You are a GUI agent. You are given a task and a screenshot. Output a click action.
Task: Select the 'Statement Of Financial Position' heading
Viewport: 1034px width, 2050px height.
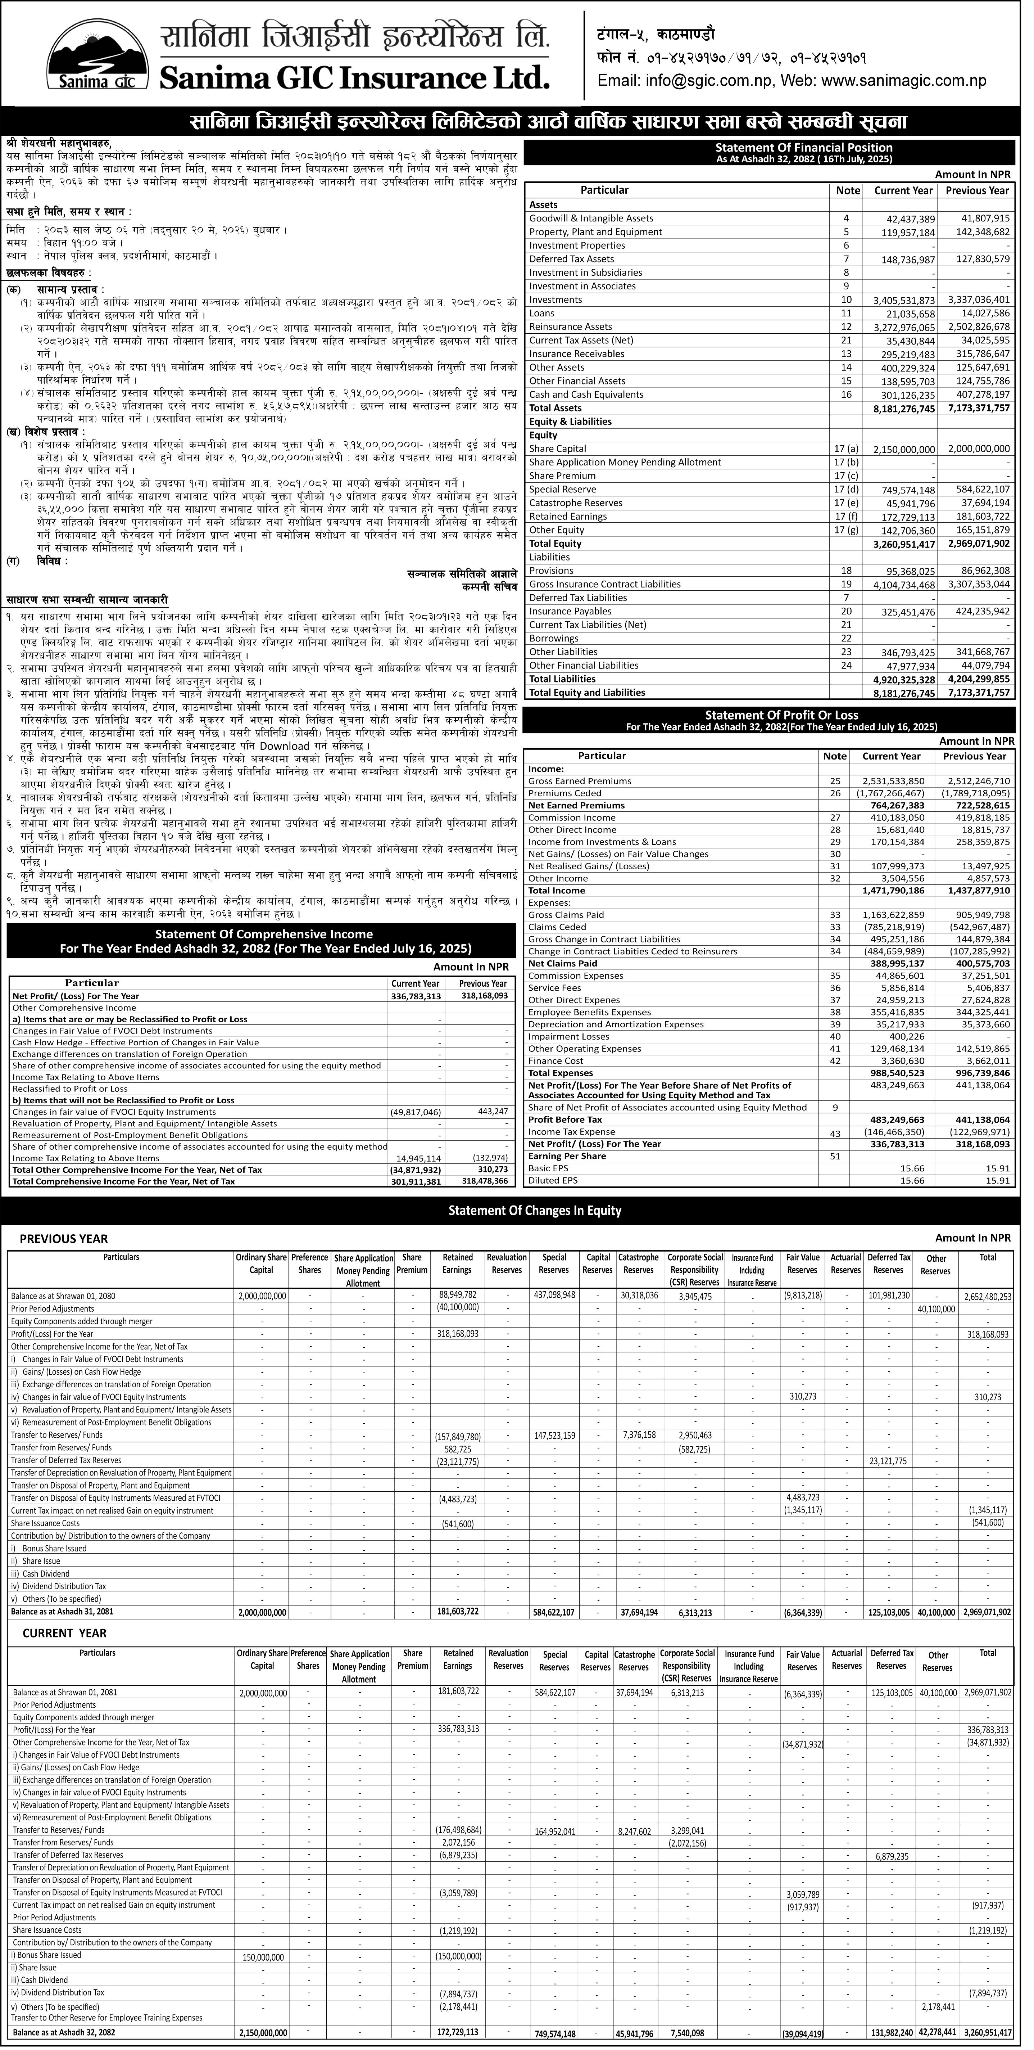pyautogui.click(x=804, y=147)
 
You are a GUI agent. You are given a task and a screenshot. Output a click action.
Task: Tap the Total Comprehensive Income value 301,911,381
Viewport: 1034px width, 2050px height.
pyautogui.click(x=414, y=1181)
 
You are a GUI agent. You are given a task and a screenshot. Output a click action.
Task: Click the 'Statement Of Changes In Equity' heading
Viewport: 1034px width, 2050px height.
pyautogui.click(x=535, y=1211)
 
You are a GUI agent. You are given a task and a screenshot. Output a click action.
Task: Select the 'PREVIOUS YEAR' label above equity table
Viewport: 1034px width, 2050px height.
pyautogui.click(x=64, y=1239)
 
